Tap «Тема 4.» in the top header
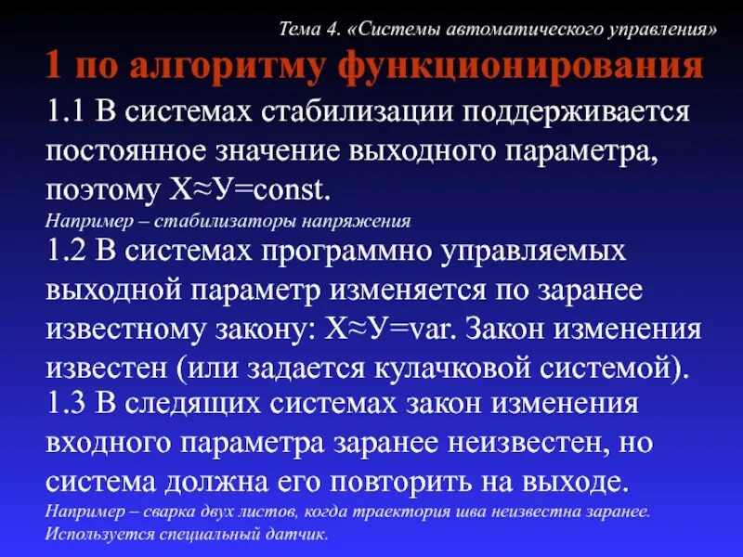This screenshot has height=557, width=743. coord(311,28)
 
